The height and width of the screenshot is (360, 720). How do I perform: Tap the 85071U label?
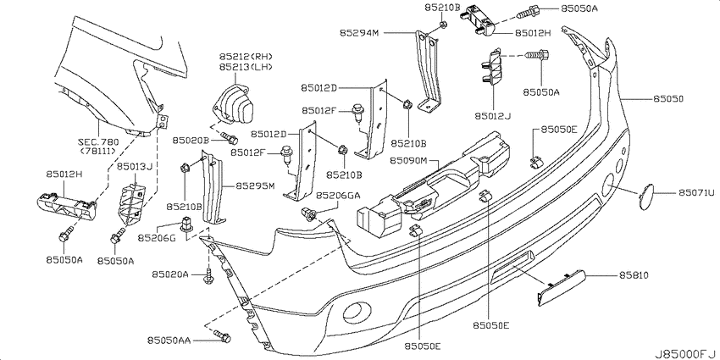(696, 193)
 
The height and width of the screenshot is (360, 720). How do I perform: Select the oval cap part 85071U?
(647, 196)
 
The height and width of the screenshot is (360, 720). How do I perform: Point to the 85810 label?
(634, 275)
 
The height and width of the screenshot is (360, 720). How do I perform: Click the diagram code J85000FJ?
(686, 354)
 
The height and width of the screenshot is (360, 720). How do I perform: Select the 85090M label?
(409, 161)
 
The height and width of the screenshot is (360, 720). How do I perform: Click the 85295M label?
(255, 186)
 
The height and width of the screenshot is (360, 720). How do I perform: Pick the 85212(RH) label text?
(246, 57)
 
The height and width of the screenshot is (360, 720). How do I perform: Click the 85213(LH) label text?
(246, 67)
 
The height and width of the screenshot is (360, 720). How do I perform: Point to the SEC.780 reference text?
(99, 142)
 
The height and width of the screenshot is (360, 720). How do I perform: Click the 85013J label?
(134, 166)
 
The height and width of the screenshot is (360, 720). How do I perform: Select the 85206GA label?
(341, 196)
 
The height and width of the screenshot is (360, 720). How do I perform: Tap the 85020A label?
(170, 274)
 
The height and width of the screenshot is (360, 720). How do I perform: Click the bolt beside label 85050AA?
(223, 336)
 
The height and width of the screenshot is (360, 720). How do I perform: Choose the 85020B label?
(191, 140)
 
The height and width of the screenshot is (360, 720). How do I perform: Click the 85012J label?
(493, 116)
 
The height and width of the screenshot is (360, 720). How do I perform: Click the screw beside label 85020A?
(208, 276)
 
